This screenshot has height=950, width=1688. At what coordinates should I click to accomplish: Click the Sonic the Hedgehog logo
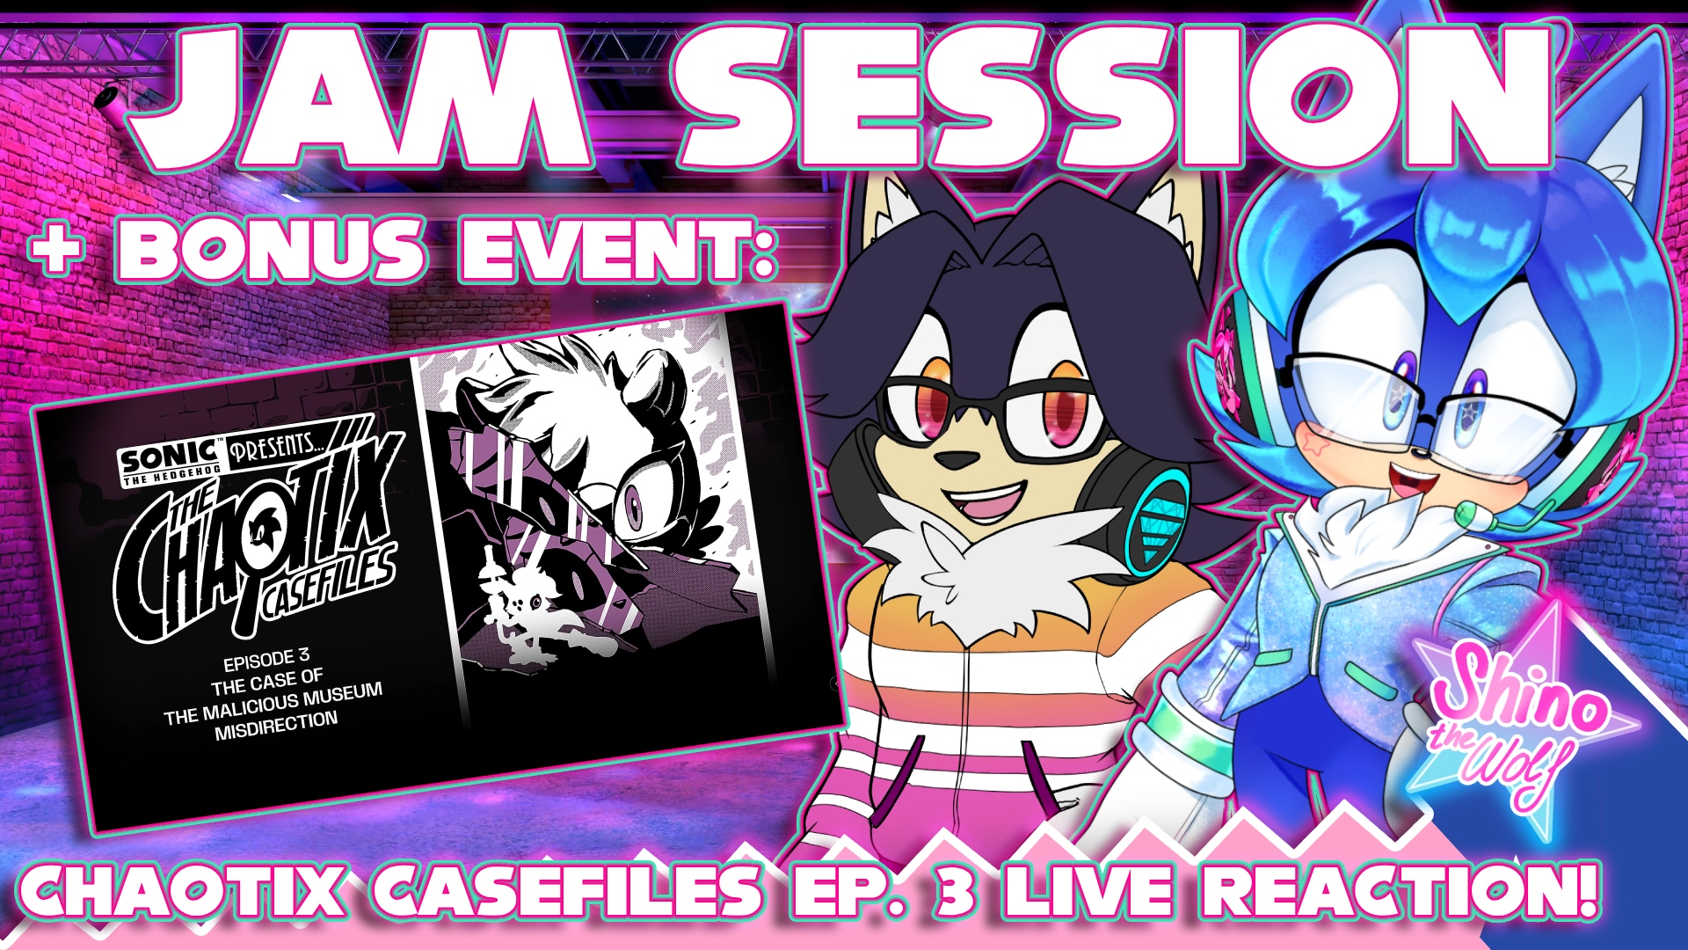point(170,462)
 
